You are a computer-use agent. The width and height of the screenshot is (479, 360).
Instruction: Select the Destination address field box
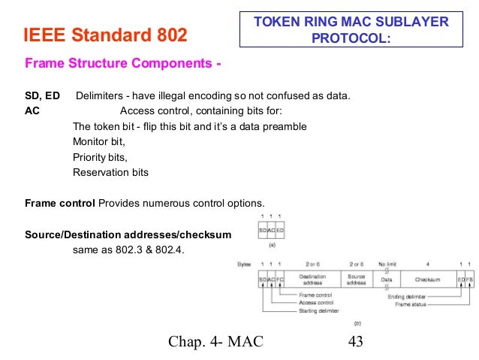pyautogui.click(x=313, y=280)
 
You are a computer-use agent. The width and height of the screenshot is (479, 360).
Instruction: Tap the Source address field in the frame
pyautogui.click(x=356, y=280)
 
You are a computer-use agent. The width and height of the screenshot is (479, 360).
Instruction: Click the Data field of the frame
pyautogui.click(x=387, y=280)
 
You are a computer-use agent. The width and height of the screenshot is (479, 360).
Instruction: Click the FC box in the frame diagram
pyautogui.click(x=279, y=280)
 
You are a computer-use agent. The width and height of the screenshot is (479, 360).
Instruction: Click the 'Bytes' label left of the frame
pyautogui.click(x=243, y=265)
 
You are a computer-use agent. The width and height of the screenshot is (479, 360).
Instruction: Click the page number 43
pyautogui.click(x=356, y=342)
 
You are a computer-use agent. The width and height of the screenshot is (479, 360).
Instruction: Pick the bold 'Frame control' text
pyautogui.click(x=60, y=203)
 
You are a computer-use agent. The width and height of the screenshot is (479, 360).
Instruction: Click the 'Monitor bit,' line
pyautogui.click(x=98, y=141)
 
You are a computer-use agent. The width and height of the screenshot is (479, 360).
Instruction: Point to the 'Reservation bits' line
pyautogui.click(x=110, y=172)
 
